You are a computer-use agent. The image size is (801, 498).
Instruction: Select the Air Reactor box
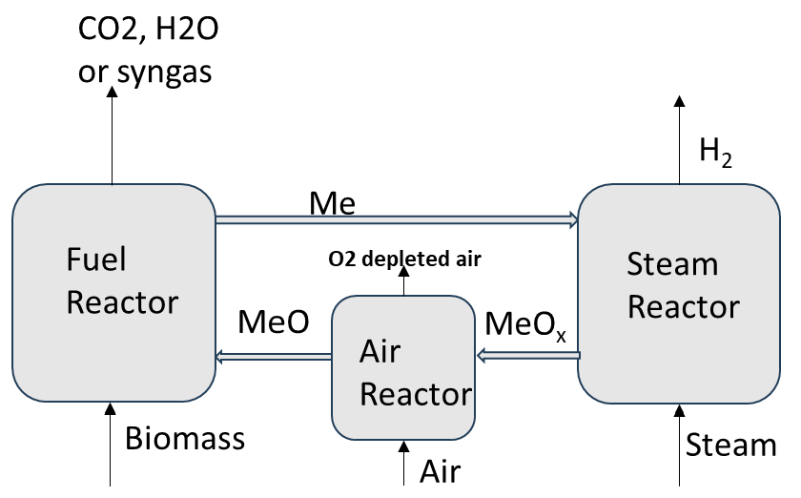402,367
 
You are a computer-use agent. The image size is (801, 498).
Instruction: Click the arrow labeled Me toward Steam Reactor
397,219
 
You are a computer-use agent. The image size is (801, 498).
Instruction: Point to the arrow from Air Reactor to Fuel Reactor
274,358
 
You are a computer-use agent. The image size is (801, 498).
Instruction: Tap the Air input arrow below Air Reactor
403,462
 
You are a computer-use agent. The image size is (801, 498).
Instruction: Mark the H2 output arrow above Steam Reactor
680,139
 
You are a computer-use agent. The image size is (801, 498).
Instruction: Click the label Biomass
185,440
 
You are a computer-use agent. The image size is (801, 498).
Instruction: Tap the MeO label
274,322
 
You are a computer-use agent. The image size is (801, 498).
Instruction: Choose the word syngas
163,72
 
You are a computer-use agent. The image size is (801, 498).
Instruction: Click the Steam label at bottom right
731,446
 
